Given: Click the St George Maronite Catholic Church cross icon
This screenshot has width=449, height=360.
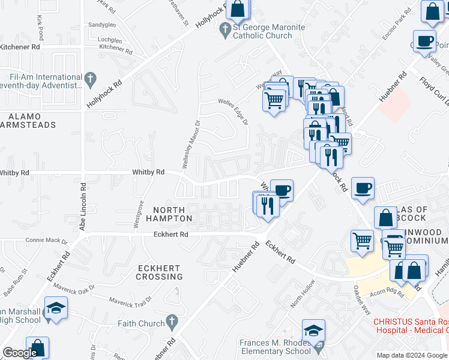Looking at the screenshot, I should coord(226,28).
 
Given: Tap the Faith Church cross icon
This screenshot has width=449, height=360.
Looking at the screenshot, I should coord(171,323).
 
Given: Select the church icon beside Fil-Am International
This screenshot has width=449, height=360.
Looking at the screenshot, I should coord(91,78).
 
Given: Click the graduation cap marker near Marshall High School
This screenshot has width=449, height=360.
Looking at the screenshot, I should coord(56,308).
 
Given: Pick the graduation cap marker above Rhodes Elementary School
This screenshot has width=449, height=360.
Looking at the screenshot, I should coord(313,330).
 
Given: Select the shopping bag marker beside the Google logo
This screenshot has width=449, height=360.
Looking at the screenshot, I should coord(37,347).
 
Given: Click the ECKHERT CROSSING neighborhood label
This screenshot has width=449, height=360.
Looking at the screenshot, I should coord(159,272).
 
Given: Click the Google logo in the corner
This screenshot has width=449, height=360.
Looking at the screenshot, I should coord(20,353).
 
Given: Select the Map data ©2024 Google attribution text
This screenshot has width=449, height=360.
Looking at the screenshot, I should coord(412,355).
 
